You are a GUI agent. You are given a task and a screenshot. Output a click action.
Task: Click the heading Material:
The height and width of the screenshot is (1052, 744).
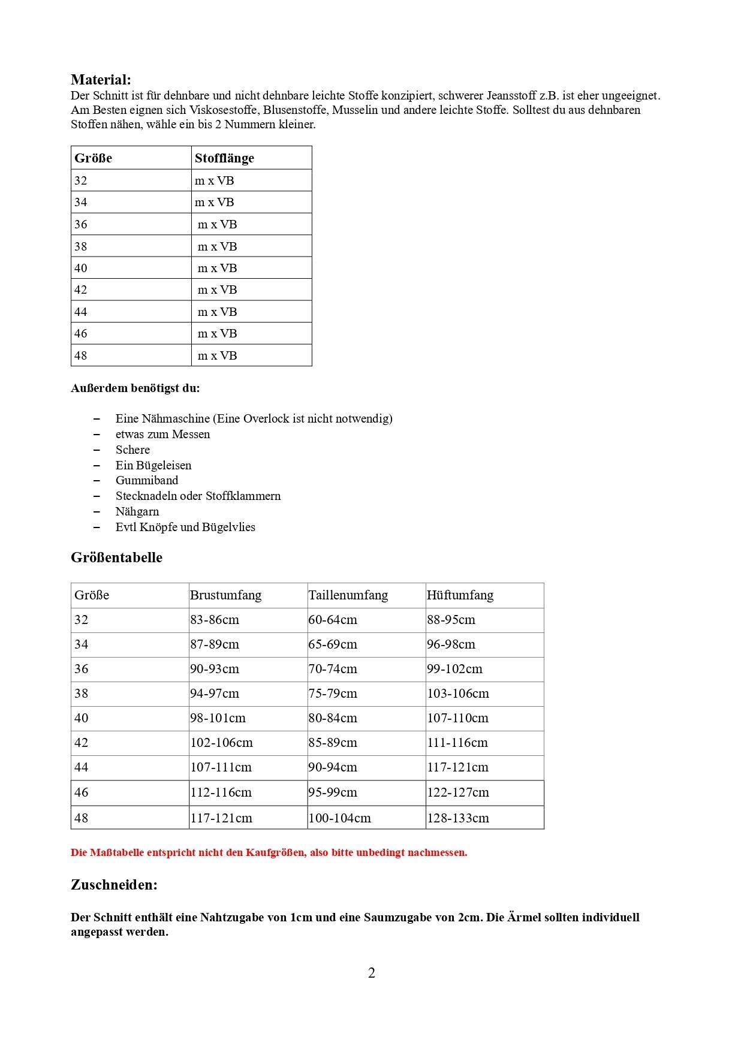(101, 80)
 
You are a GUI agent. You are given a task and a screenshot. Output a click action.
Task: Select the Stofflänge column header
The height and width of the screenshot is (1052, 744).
(224, 158)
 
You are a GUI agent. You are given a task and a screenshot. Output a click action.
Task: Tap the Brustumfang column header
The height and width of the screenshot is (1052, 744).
(225, 595)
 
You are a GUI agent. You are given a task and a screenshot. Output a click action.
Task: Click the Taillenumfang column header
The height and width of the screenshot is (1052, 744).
(348, 595)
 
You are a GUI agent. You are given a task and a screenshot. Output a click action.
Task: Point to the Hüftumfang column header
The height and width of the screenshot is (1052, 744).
(460, 595)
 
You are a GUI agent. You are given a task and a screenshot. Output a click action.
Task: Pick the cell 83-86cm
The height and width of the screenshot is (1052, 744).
(215, 620)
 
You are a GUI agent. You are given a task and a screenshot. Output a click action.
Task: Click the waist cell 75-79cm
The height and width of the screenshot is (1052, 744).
(333, 694)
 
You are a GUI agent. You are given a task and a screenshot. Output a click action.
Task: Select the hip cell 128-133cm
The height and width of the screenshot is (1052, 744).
(458, 818)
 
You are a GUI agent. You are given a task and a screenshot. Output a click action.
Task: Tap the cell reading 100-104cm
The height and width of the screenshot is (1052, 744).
(339, 818)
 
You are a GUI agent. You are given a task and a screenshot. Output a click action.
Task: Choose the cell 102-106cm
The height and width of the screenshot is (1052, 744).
(221, 743)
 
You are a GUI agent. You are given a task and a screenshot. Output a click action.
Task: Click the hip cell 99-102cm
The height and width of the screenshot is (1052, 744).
(454, 669)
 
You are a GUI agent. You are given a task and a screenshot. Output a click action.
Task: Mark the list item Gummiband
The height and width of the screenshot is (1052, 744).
(147, 480)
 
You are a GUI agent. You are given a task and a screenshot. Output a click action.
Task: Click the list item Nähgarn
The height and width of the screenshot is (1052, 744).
(137, 511)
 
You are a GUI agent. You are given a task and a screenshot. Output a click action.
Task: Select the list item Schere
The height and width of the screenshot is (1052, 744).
(132, 450)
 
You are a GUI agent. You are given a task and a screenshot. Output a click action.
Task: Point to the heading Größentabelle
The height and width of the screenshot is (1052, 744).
(116, 557)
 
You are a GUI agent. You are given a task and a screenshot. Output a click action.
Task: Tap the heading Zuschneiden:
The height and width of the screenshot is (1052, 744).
(114, 885)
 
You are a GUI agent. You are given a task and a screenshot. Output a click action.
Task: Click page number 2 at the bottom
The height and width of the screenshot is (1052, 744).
(372, 973)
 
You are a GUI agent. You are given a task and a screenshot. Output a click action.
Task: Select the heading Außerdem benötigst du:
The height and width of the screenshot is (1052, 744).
(135, 388)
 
